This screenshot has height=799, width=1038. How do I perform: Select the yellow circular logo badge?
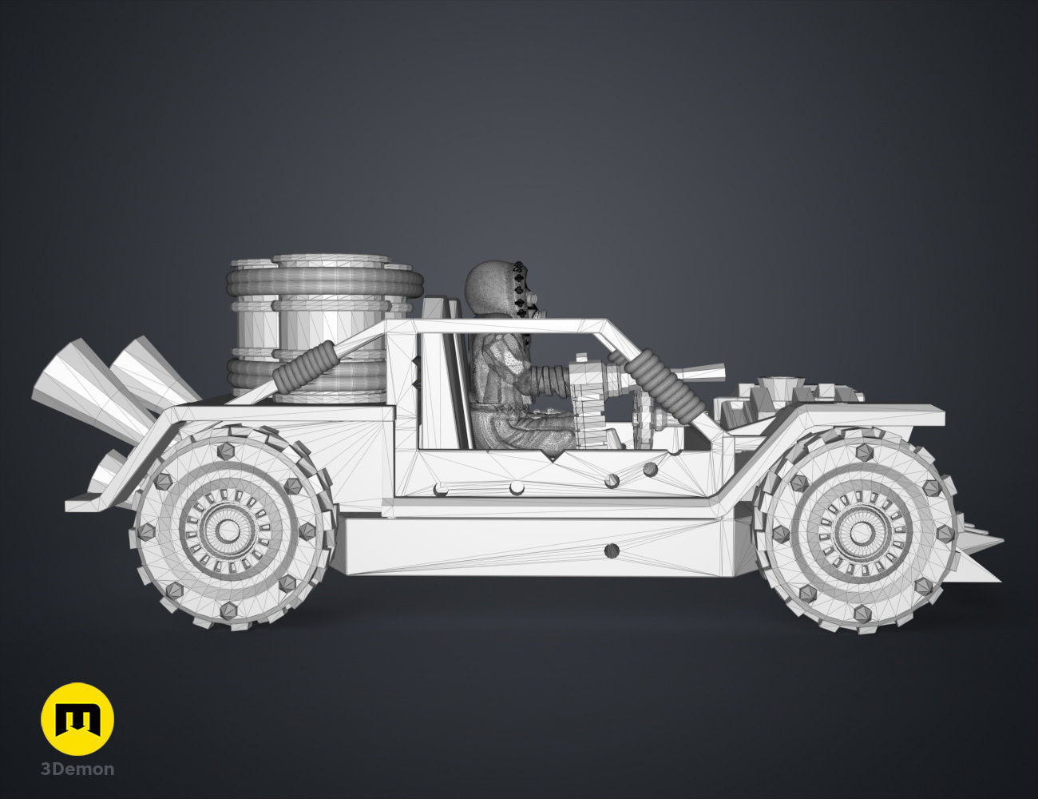click(x=77, y=719)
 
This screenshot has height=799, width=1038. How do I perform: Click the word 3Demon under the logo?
click(x=77, y=769)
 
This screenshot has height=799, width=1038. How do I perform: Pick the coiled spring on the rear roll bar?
click(x=304, y=364)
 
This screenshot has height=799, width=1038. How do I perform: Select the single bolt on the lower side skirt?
click(x=612, y=550)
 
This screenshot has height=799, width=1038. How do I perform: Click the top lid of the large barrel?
click(x=330, y=260)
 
